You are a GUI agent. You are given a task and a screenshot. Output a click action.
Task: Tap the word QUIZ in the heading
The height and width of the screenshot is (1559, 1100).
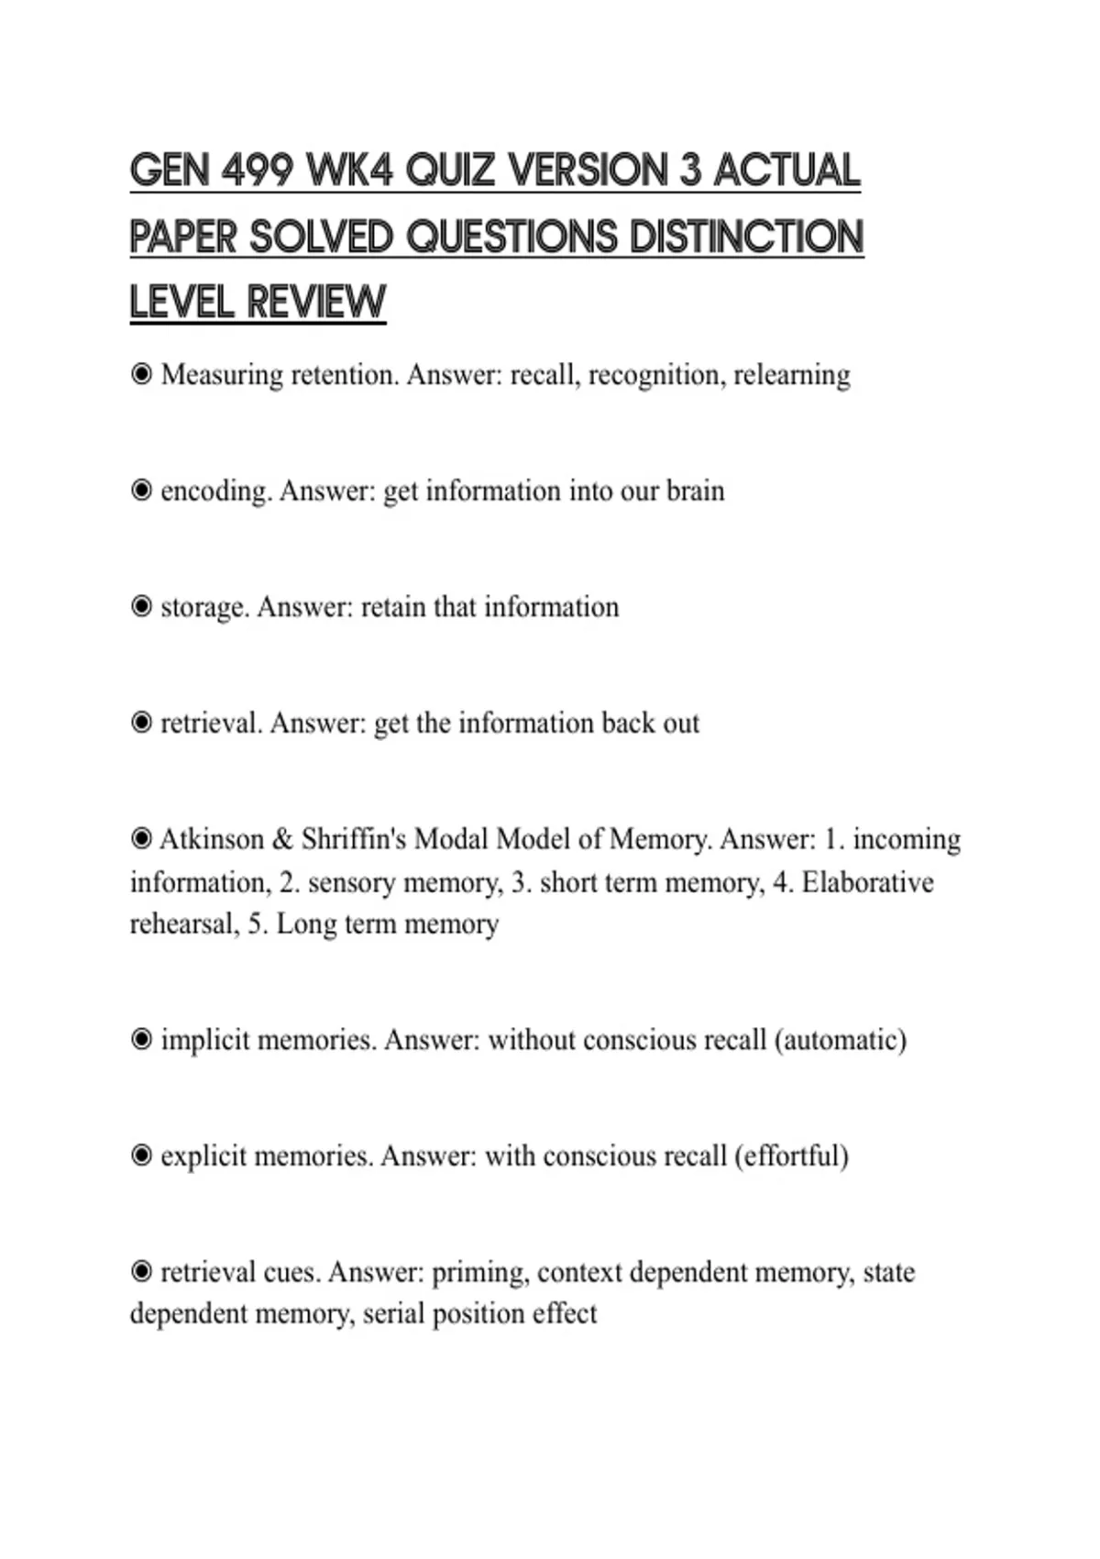[x=449, y=171]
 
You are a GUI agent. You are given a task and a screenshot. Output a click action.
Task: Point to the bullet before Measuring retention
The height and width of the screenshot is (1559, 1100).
[x=141, y=375]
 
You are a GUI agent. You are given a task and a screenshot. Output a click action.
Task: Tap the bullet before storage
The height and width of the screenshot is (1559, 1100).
[x=141, y=607]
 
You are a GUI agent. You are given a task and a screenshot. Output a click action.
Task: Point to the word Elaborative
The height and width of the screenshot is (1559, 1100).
[x=867, y=882]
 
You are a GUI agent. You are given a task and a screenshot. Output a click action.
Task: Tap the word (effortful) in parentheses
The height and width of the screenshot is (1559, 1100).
[x=791, y=1155]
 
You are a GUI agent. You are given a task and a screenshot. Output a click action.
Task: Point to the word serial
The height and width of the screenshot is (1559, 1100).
[x=393, y=1314]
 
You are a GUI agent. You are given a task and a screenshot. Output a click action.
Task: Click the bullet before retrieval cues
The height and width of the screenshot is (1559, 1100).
[x=141, y=1272]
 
